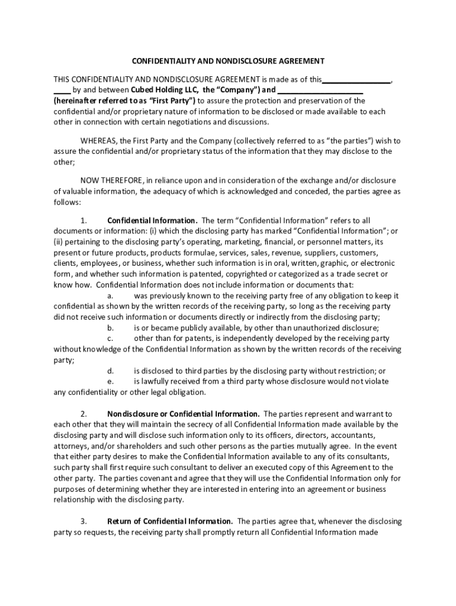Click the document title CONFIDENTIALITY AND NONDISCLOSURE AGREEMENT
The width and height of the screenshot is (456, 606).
pos(228,61)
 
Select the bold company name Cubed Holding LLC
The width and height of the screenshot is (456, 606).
pos(165,90)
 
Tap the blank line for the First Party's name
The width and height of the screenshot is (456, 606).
pos(320,91)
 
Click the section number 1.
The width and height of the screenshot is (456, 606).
pos(84,220)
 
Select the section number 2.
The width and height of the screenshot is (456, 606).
pos(84,414)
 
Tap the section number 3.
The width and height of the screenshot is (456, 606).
pos(84,521)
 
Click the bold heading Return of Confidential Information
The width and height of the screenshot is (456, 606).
pos(170,521)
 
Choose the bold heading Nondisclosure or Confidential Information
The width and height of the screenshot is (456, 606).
pos(183,414)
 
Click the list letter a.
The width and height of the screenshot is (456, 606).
pos(110,295)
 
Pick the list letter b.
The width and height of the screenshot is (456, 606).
pos(110,327)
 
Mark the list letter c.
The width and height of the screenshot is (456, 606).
pos(110,339)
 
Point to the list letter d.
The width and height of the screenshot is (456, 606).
pos(110,370)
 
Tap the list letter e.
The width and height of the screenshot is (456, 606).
pos(110,381)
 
